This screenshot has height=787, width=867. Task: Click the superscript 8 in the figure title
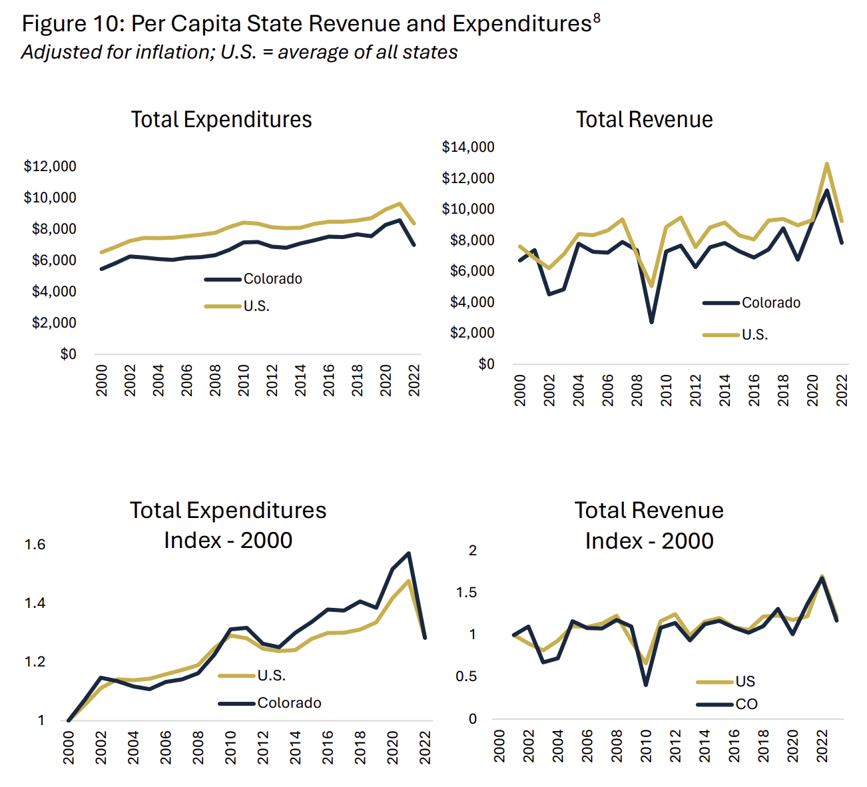point(596,19)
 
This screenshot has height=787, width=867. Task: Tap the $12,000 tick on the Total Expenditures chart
point(50,166)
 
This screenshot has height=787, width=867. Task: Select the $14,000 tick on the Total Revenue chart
point(468,147)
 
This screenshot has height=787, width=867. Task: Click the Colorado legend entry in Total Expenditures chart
point(272,279)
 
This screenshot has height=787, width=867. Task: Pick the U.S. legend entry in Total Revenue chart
point(754,334)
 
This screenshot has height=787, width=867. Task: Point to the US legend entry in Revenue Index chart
point(745,681)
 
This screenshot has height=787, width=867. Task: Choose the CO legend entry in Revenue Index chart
point(746,704)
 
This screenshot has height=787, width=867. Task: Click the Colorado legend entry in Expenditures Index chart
point(289,702)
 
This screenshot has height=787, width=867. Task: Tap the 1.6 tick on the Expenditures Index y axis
point(35,545)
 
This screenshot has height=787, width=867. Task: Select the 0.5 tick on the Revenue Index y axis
point(469,676)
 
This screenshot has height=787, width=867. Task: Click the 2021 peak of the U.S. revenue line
point(826,164)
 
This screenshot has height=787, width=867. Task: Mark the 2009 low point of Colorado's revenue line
point(651,322)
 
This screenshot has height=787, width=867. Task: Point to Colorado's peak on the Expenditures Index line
point(408,553)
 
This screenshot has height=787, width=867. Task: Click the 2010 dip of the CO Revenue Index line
point(646,684)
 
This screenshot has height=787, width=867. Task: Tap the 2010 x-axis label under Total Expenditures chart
point(244,380)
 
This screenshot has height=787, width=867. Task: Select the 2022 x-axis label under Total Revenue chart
point(842,390)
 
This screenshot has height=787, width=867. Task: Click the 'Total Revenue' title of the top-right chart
point(644,120)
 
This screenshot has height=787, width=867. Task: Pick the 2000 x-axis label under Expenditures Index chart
point(69,747)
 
